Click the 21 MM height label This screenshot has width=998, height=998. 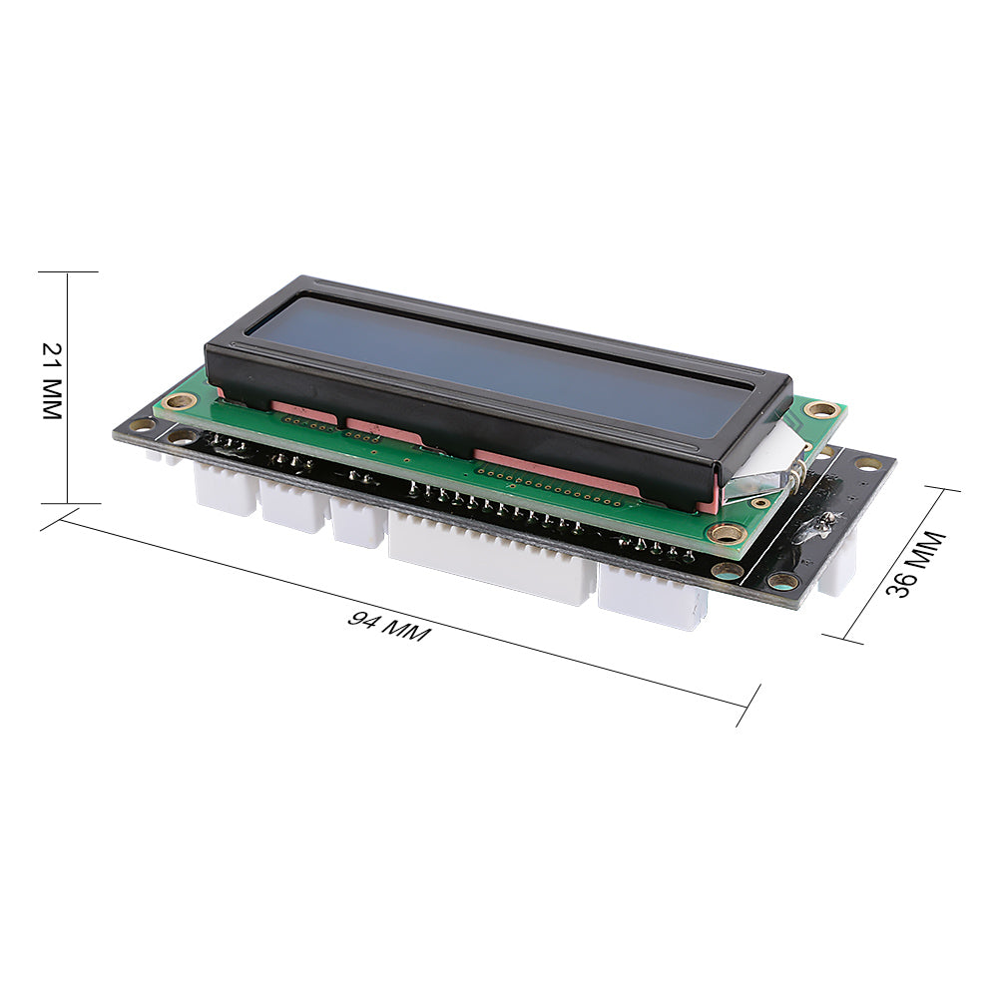click(x=52, y=380)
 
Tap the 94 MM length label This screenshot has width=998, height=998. click(x=389, y=627)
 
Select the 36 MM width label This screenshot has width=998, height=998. click(x=916, y=565)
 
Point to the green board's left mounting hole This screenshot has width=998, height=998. click(x=180, y=401)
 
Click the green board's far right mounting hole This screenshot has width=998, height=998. click(x=823, y=408)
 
